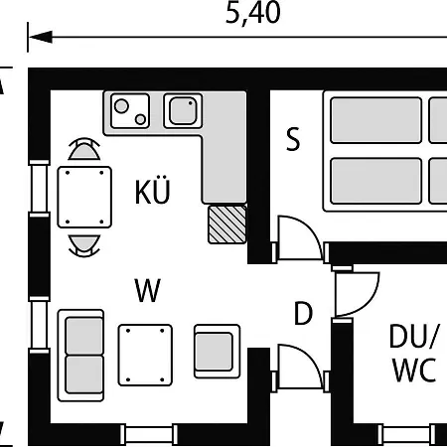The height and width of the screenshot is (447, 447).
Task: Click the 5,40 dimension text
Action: (253, 13)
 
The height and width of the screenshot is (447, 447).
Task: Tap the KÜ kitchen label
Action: (152, 191)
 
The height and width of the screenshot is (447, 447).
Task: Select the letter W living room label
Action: (148, 290)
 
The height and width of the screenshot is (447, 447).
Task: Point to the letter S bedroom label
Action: (293, 139)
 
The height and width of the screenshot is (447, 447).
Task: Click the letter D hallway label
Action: (303, 313)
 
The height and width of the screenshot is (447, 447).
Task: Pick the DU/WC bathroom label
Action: (414, 353)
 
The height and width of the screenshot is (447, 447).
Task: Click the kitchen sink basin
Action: (183, 110)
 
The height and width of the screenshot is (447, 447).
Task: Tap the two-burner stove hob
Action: (130, 110)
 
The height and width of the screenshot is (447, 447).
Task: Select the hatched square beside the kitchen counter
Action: (227, 224)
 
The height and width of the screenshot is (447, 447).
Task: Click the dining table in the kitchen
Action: (84, 198)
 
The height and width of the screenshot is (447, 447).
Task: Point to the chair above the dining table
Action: (84, 149)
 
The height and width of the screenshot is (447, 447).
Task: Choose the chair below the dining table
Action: (84, 246)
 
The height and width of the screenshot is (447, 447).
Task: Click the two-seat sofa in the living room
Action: (81, 356)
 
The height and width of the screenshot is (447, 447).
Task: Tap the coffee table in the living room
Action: (145, 355)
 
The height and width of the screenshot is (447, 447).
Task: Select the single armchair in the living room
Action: (218, 351)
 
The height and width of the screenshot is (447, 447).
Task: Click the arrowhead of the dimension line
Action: (41, 37)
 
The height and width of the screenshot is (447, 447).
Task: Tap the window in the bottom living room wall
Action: (149, 434)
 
